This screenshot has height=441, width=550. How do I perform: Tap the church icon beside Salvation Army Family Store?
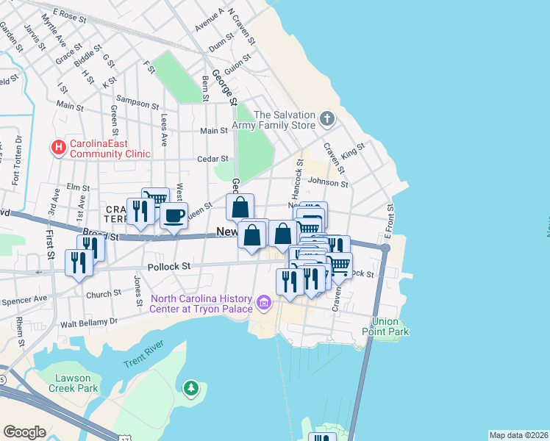(x=327, y=118)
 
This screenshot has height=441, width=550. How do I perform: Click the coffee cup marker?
(x=174, y=216)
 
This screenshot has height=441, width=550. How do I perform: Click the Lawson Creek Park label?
(x=73, y=383)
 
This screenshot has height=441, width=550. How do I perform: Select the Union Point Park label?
(x=390, y=326)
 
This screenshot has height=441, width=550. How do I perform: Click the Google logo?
(x=24, y=431)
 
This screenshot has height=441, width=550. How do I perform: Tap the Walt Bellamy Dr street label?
(x=89, y=322)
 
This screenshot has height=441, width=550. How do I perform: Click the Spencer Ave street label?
(x=24, y=299)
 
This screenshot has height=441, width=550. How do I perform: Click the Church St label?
(x=103, y=294)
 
